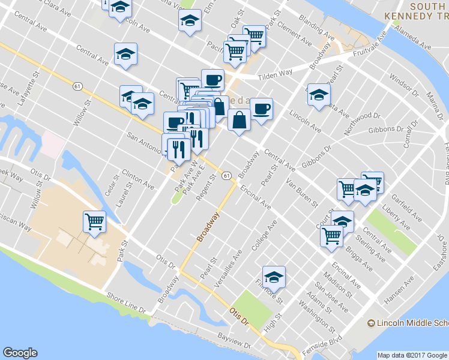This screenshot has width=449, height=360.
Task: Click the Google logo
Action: pyautogui.click(x=20, y=353)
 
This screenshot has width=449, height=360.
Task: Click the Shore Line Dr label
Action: pyautogui.click(x=125, y=302)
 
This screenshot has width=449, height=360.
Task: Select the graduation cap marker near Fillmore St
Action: pyautogui.click(x=274, y=277)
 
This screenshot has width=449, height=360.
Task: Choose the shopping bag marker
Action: pyautogui.click(x=239, y=119)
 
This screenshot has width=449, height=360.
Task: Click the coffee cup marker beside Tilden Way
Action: pyautogui.click(x=212, y=80)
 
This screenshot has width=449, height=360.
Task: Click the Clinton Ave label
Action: pyautogui.click(x=133, y=175)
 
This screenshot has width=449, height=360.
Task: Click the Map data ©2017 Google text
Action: pyautogui.click(x=412, y=355)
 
